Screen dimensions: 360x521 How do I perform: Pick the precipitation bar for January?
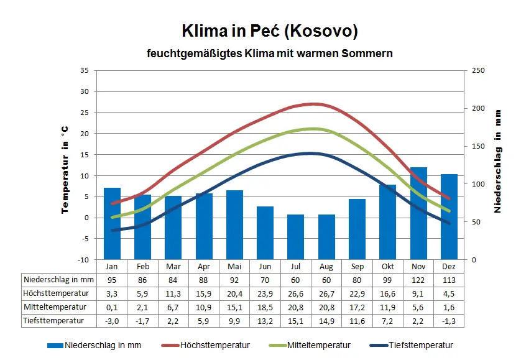(112, 223)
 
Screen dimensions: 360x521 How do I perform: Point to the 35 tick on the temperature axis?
(85, 70)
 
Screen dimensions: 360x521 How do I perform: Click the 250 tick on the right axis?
(477, 70)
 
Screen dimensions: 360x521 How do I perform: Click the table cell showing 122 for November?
(418, 280)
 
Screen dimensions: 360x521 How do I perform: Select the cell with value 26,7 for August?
(326, 293)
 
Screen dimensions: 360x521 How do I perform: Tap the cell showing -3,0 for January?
(112, 321)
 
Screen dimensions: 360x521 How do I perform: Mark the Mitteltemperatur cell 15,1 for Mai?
(234, 307)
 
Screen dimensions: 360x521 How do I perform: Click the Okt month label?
(388, 266)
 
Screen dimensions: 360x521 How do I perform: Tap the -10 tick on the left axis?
(83, 259)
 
